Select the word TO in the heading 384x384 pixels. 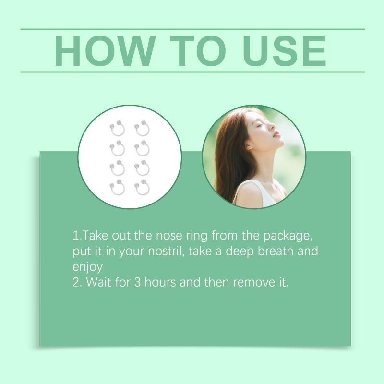coord(198,51)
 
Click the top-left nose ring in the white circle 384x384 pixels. coord(117,129)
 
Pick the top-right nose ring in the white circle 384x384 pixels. coord(142,129)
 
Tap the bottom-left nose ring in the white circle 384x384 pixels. coord(117,188)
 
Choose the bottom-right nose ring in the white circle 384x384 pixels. coord(142,188)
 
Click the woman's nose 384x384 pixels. coord(273,126)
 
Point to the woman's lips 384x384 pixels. coord(276,134)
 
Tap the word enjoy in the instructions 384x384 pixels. coord(87,267)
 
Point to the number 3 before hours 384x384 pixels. coord(137,282)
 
